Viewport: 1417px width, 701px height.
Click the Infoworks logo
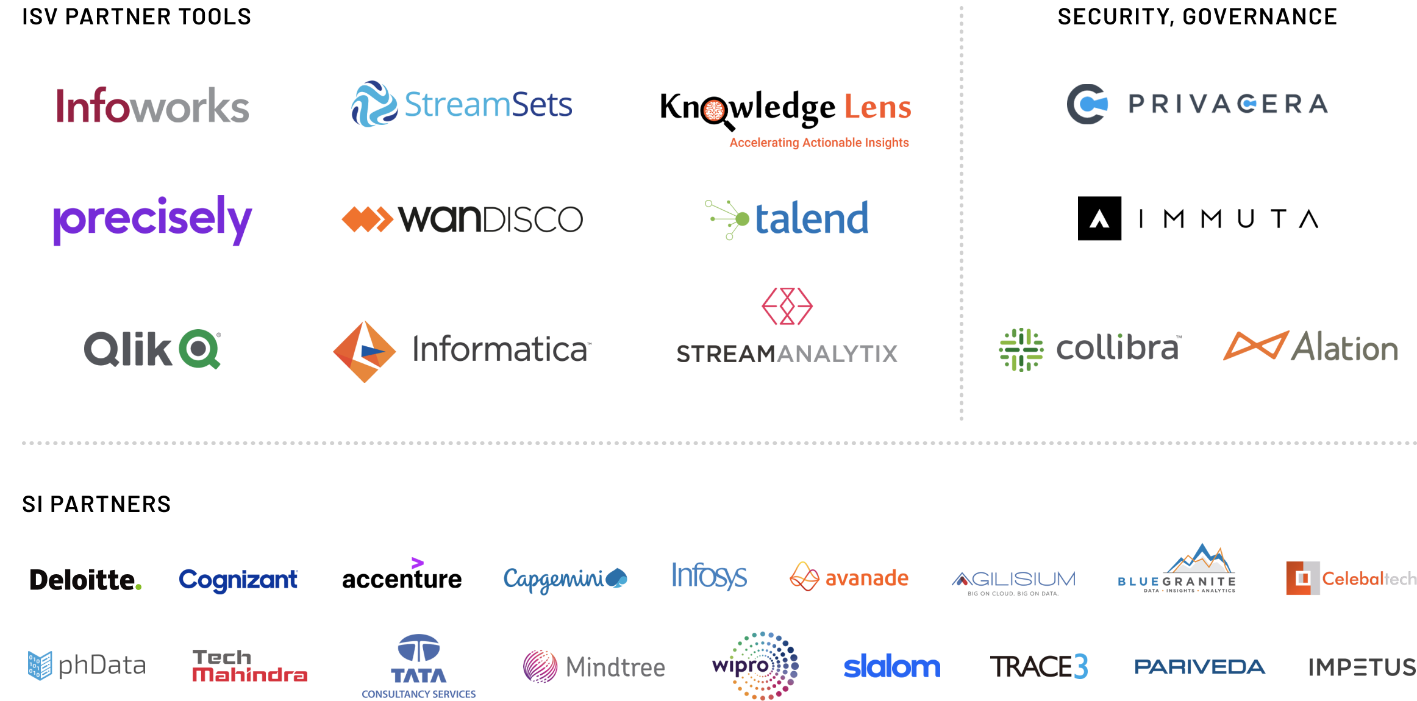tap(152, 106)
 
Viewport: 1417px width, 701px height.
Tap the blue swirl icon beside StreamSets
tap(373, 104)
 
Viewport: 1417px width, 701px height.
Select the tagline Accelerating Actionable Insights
tap(819, 143)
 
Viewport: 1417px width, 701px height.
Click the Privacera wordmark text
tap(1227, 104)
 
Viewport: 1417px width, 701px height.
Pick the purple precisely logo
tap(152, 219)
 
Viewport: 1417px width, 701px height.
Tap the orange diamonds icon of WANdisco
tap(367, 219)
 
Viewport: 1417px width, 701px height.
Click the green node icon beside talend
tap(728, 219)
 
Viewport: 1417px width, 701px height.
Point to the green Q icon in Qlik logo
tap(199, 349)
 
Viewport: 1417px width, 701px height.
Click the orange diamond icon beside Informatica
tap(365, 352)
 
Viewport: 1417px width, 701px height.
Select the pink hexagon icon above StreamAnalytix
tap(787, 306)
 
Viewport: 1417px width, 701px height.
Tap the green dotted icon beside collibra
tap(1021, 349)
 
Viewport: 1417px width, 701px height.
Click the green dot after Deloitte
tap(138, 586)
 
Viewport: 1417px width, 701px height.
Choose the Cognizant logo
tap(238, 580)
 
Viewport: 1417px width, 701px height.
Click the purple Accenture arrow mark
tap(417, 563)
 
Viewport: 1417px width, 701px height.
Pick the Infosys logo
tap(708, 576)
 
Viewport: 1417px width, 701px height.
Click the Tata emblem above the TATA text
tap(418, 649)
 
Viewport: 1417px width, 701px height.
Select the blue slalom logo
tap(891, 667)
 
